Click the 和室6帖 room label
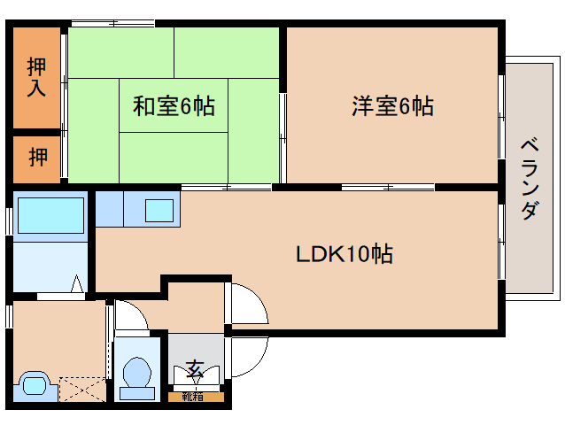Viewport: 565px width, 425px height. coord(174,106)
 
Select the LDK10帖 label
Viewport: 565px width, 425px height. coord(344,254)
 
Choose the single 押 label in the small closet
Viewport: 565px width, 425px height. coord(37,158)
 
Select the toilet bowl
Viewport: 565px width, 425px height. coord(136,371)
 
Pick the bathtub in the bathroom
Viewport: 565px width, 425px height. coord(50,214)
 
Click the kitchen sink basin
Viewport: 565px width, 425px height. coord(159,210)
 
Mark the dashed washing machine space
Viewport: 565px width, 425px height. coord(81,388)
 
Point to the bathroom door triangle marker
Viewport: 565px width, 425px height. coord(77,284)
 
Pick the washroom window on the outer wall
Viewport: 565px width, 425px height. coord(9,314)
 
